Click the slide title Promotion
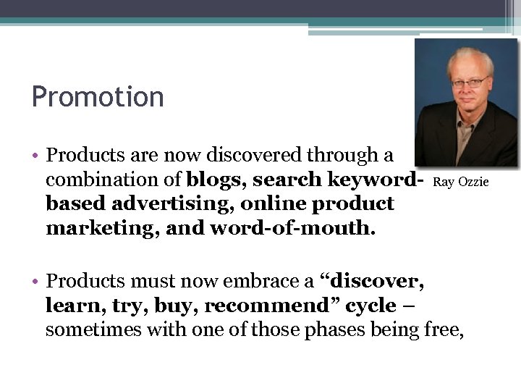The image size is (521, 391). [98, 97]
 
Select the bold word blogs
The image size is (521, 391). [211, 180]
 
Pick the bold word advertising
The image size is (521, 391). [161, 204]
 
